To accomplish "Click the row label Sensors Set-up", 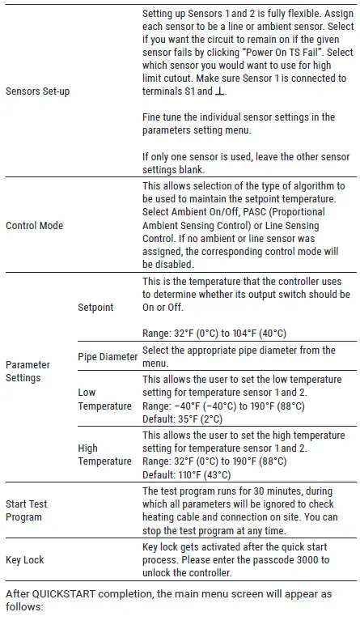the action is point(37,91).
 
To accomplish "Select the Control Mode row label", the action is point(34,225).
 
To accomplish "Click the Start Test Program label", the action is point(27,510).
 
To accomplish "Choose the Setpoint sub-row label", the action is point(96,308).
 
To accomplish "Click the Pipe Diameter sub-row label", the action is point(108,356).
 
